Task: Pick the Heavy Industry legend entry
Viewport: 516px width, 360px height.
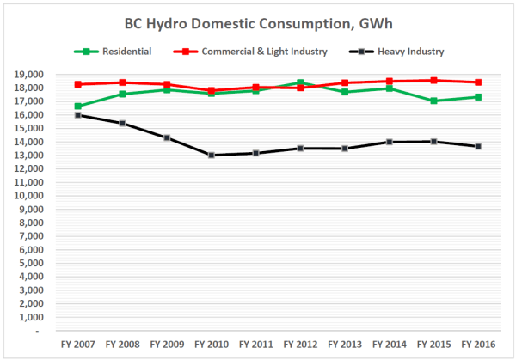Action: click(x=410, y=52)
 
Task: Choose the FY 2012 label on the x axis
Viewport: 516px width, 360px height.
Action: click(x=301, y=344)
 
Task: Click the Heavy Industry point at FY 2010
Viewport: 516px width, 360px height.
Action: click(x=212, y=155)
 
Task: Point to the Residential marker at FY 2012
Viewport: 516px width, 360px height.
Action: click(x=301, y=82)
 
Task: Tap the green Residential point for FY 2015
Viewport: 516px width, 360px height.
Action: click(x=435, y=101)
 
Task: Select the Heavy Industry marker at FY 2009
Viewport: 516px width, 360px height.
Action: click(x=167, y=137)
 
